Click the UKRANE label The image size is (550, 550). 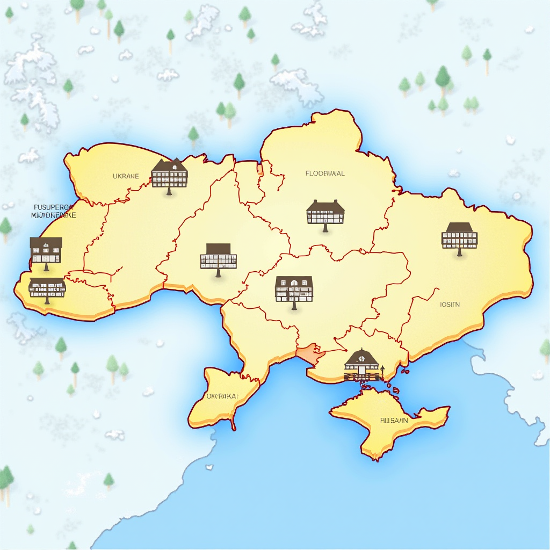click(126, 176)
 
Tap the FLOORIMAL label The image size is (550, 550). click(325, 173)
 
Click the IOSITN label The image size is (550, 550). click(450, 305)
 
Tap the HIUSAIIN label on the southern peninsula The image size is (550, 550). click(393, 421)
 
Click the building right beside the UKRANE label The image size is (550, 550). click(169, 173)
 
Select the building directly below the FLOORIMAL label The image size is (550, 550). click(325, 213)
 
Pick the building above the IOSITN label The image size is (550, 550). click(459, 236)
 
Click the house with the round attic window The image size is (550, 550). click(363, 362)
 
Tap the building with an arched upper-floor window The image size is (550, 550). click(293, 288)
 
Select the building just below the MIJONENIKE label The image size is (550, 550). click(46, 251)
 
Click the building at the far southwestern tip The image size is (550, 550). click(47, 287)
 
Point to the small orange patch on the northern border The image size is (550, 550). click(260, 170)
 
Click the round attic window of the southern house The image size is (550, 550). click(363, 355)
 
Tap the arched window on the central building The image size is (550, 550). click(293, 283)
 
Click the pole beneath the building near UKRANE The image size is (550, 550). click(169, 191)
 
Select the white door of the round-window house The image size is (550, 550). click(363, 371)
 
